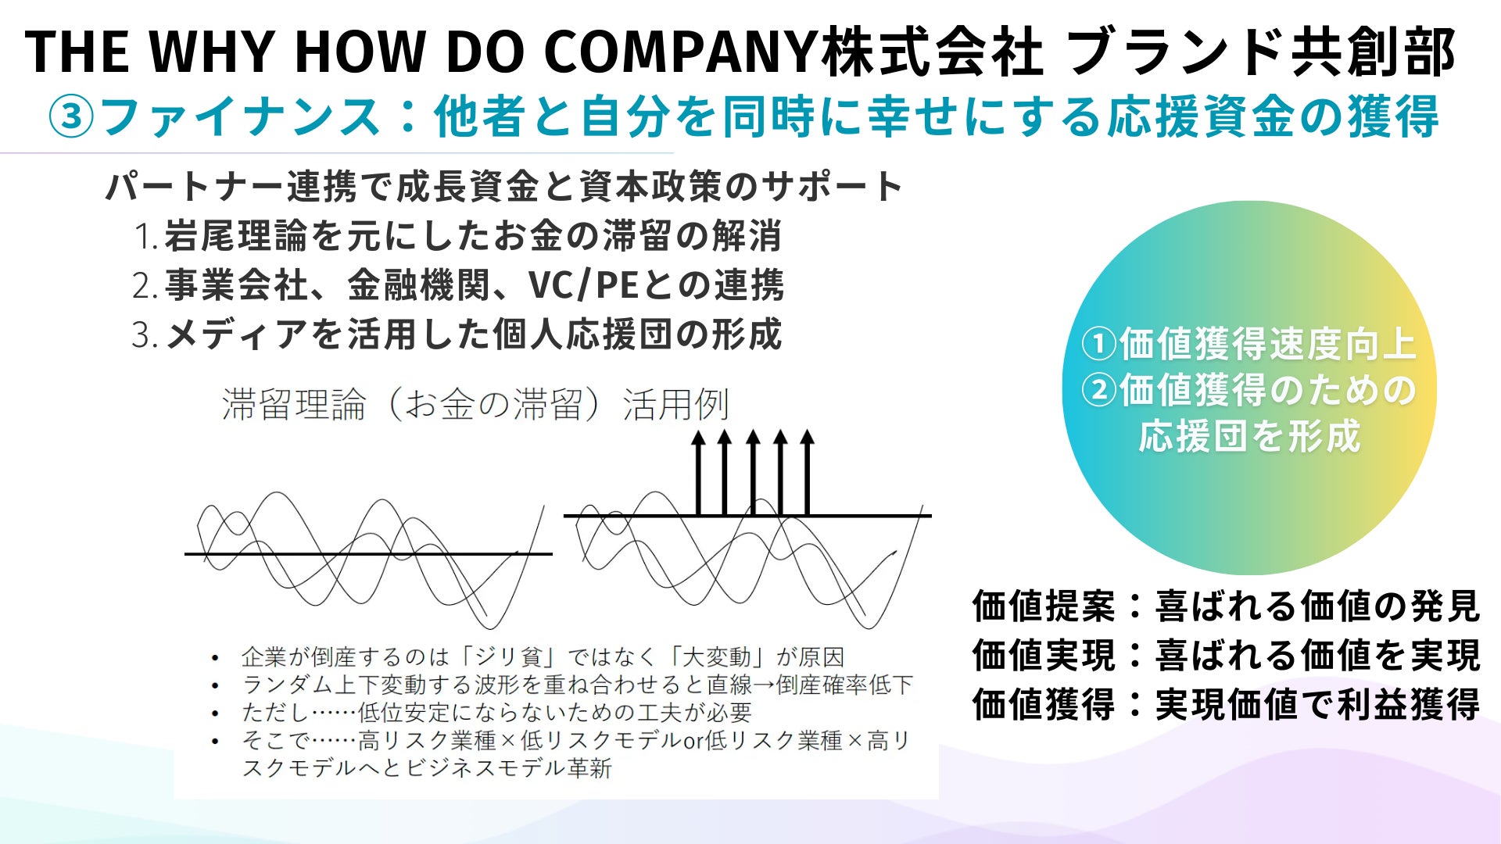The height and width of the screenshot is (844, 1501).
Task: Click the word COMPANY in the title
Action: click(x=680, y=52)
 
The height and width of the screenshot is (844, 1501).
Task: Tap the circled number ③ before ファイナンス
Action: click(x=71, y=117)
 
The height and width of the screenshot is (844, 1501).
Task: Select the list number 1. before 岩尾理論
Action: click(x=146, y=237)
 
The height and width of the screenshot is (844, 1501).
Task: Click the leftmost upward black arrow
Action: click(x=698, y=472)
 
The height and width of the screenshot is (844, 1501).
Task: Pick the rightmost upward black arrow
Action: click(x=808, y=472)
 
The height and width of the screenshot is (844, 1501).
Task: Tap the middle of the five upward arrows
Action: click(x=753, y=472)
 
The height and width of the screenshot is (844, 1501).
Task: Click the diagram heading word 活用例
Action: click(x=676, y=405)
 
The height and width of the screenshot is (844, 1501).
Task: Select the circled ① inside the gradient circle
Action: click(x=1099, y=345)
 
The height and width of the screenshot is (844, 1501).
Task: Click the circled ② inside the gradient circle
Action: click(x=1099, y=390)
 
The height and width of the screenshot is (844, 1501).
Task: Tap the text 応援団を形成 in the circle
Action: click(x=1249, y=436)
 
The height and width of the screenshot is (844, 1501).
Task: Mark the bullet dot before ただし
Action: click(x=215, y=713)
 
